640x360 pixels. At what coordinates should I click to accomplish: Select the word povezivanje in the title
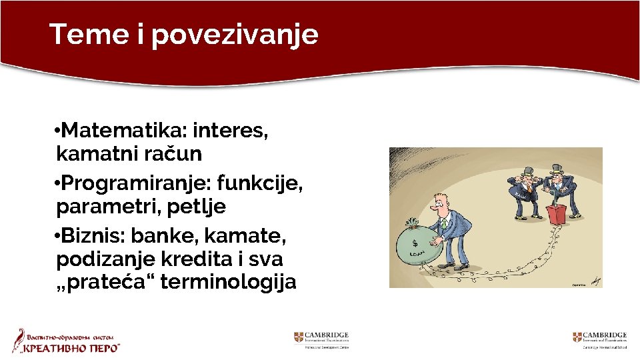[x=235, y=35]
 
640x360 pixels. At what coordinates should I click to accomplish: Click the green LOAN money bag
[x=417, y=245]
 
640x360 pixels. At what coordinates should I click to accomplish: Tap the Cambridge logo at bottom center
[x=321, y=339]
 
